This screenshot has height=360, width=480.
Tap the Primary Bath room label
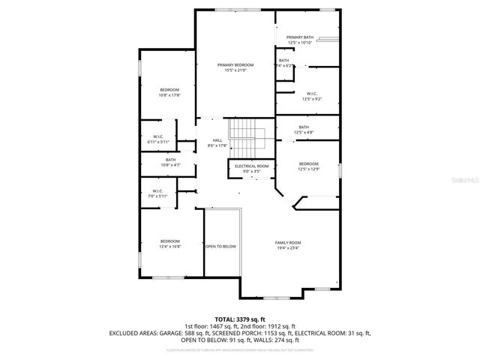pos(300,37)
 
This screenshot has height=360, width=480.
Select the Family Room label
pos(288,242)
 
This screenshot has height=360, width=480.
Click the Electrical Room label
pos(251,166)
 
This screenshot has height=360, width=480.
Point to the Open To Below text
pos(220,246)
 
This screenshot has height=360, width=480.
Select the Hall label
pos(217,140)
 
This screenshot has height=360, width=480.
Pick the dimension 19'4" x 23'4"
pos(288,247)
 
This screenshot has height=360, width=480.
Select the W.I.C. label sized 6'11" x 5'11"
pos(157,136)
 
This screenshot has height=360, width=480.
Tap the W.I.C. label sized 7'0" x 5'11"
pos(157,190)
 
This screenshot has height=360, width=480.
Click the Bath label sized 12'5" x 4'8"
pos(304,127)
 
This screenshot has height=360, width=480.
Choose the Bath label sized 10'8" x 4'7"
pos(170,159)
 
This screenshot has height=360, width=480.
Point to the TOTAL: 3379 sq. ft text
pos(239,319)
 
